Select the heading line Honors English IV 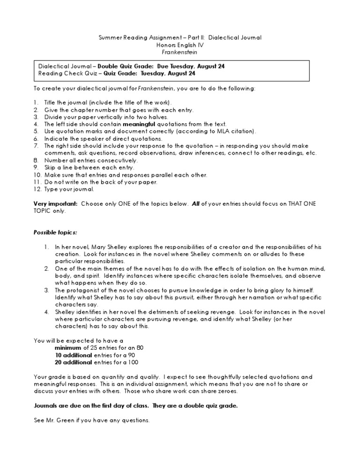point(180,45)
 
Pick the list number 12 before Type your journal point(37,189)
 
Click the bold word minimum point(68,348)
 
